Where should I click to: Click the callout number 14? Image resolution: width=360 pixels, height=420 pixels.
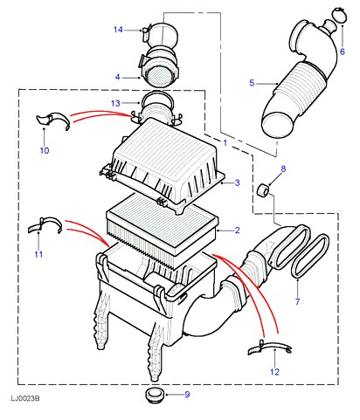click(x=118, y=30)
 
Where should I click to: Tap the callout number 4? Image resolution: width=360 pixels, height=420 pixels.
click(x=117, y=78)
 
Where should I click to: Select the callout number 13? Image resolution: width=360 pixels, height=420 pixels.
click(x=115, y=103)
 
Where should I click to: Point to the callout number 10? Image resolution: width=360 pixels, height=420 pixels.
click(x=45, y=150)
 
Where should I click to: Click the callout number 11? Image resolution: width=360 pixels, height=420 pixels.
click(x=38, y=254)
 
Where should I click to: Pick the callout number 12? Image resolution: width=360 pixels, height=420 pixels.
click(x=274, y=372)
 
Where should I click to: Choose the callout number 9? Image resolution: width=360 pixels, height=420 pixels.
click(x=187, y=395)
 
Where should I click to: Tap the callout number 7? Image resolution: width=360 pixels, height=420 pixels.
click(x=297, y=301)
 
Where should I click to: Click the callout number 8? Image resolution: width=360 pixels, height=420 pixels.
click(x=283, y=169)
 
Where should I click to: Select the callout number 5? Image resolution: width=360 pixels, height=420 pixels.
click(x=252, y=83)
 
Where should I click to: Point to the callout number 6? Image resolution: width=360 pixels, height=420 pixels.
click(x=343, y=52)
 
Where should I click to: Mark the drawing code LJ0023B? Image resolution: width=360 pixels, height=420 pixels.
click(x=25, y=398)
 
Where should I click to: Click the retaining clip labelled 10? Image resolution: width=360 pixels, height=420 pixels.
click(x=54, y=120)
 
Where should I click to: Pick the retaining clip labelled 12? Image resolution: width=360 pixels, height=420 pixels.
click(x=269, y=347)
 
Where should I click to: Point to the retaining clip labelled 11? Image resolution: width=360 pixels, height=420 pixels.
click(x=45, y=224)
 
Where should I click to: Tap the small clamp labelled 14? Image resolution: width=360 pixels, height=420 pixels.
click(x=145, y=32)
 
